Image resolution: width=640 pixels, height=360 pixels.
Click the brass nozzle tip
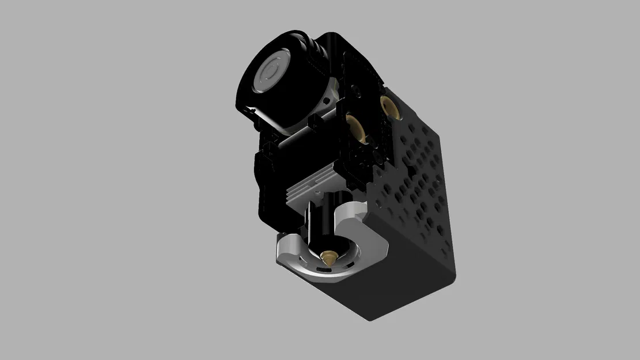click(329, 257)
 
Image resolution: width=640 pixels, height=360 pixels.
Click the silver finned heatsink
click(311, 188)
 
